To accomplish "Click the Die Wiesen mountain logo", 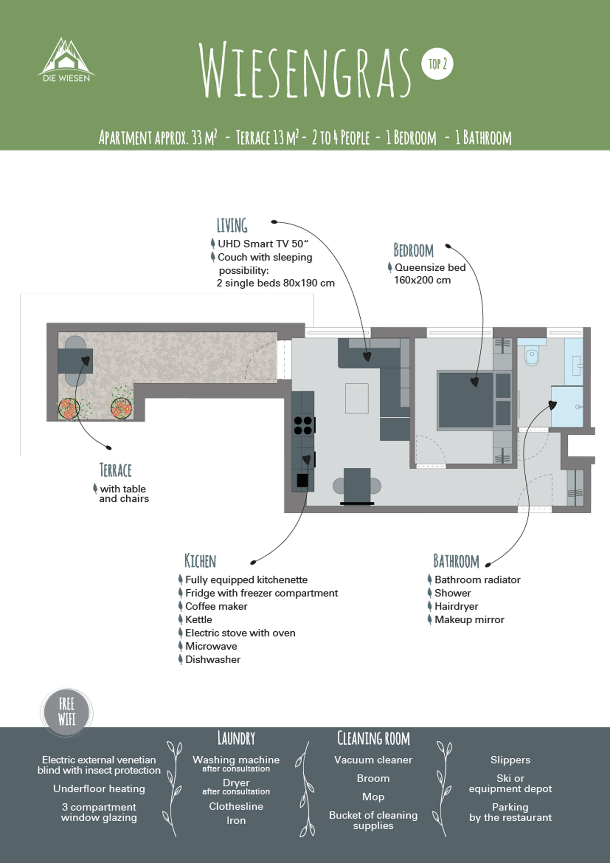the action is tap(66, 60).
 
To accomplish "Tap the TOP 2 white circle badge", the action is tap(437, 64).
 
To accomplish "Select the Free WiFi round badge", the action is tap(66, 712).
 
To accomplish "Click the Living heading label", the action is tap(232, 225).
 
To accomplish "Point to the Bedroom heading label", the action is tap(413, 250).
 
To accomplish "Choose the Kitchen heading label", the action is tap(200, 561).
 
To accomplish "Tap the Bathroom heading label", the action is tap(456, 561).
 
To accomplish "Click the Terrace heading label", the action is tap(115, 470).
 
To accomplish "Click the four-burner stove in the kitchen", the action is tap(303, 426).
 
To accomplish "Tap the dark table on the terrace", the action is tap(75, 361).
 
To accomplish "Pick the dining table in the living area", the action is tap(357, 485).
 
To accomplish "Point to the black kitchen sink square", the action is tap(302, 480).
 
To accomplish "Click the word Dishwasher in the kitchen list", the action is tap(212, 659).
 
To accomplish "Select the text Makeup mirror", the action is tap(469, 620).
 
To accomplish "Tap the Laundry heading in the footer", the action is tap(236, 738).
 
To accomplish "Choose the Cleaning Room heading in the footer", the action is tap(373, 738).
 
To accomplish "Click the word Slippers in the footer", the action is tap(510, 760).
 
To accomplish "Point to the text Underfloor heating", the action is tap(99, 788).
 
